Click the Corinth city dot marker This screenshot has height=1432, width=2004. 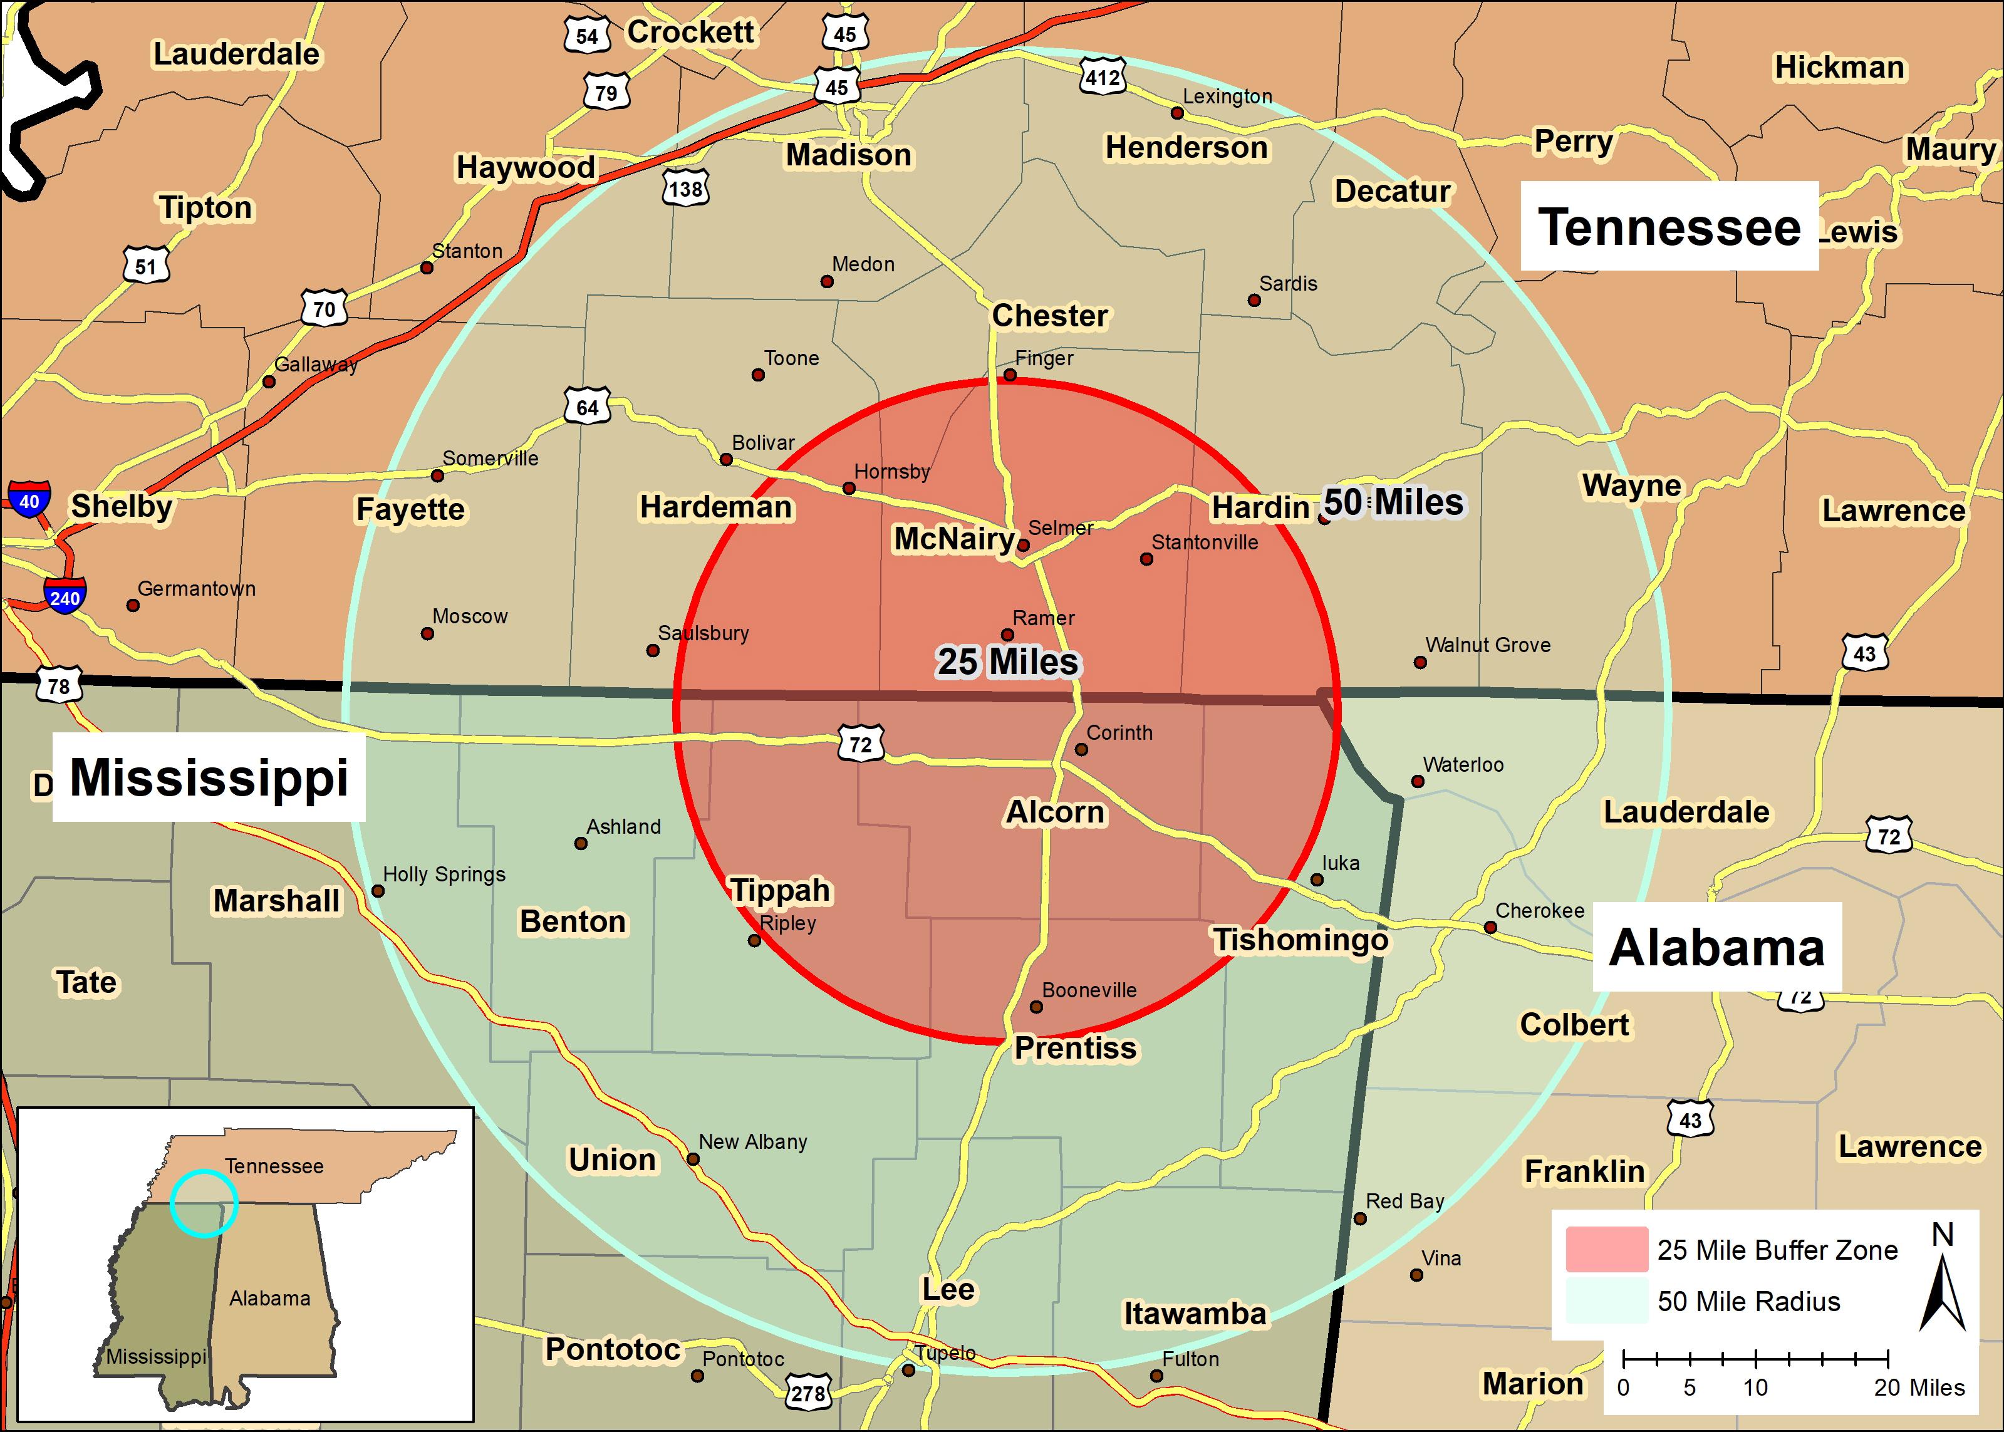point(1081,749)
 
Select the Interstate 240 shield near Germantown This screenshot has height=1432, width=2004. point(65,598)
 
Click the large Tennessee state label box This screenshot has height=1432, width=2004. point(1668,227)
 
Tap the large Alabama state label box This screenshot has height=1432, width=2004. point(1716,948)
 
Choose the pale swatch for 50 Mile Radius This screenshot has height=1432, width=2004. point(1606,1300)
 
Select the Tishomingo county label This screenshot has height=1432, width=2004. point(1299,940)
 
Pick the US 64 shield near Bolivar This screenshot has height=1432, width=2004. point(587,407)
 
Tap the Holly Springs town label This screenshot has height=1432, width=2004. point(444,874)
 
